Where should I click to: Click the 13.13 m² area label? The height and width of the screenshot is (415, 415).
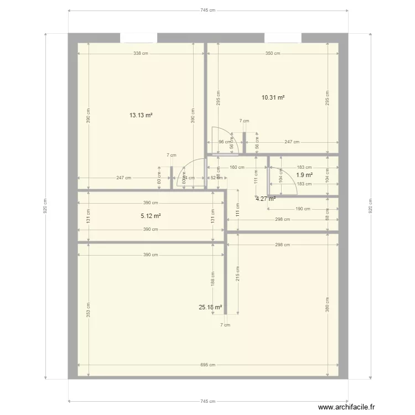click(141, 116)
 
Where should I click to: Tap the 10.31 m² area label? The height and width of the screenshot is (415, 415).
click(273, 97)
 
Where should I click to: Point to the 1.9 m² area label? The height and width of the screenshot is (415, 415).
click(304, 175)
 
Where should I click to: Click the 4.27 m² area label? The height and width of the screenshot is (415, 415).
click(265, 199)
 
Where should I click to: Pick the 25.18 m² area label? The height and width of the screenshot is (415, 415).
click(210, 307)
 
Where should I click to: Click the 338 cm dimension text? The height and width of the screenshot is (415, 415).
click(141, 54)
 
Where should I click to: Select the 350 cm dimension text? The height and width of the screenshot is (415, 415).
click(273, 54)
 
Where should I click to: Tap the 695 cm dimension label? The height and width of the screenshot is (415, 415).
click(207, 365)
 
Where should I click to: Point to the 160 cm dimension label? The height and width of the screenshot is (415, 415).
click(237, 167)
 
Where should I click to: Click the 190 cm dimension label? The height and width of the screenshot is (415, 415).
click(303, 209)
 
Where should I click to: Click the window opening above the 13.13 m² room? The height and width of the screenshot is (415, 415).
click(138, 38)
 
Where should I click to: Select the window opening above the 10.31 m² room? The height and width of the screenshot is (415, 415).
click(283, 38)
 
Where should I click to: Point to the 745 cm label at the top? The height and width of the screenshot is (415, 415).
click(207, 11)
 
